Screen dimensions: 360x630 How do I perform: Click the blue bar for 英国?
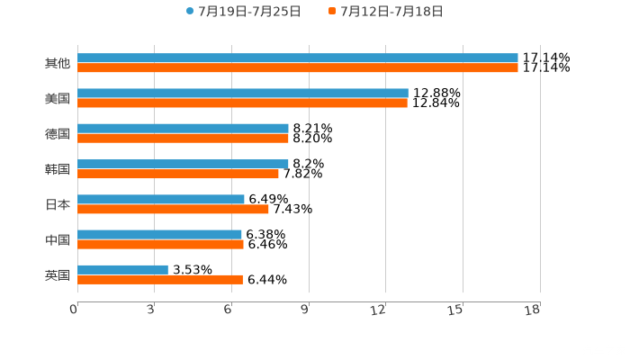(x=122, y=269)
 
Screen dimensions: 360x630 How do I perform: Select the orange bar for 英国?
(x=160, y=279)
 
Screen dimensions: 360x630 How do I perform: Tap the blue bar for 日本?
(x=161, y=199)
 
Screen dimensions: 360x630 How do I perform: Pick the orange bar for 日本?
(x=173, y=209)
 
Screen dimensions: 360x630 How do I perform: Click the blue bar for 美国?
(x=243, y=93)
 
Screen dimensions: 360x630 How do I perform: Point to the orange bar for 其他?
(x=298, y=67)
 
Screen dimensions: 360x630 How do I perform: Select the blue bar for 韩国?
(x=183, y=164)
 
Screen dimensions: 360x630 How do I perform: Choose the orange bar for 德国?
(x=183, y=138)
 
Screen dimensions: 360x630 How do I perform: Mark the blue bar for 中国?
(x=159, y=234)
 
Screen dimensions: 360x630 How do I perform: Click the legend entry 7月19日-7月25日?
(x=244, y=12)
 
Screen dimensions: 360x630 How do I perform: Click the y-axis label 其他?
(x=58, y=63)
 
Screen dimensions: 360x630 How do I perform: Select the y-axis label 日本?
(x=58, y=204)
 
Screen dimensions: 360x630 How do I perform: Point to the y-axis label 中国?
(x=58, y=239)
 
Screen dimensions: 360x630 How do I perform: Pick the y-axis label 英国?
(x=58, y=274)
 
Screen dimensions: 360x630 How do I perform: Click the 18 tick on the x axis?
(x=532, y=310)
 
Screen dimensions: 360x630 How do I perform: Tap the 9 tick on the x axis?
(x=305, y=310)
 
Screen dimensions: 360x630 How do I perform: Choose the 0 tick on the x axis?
(x=74, y=310)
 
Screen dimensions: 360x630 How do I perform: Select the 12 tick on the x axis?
(x=379, y=310)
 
